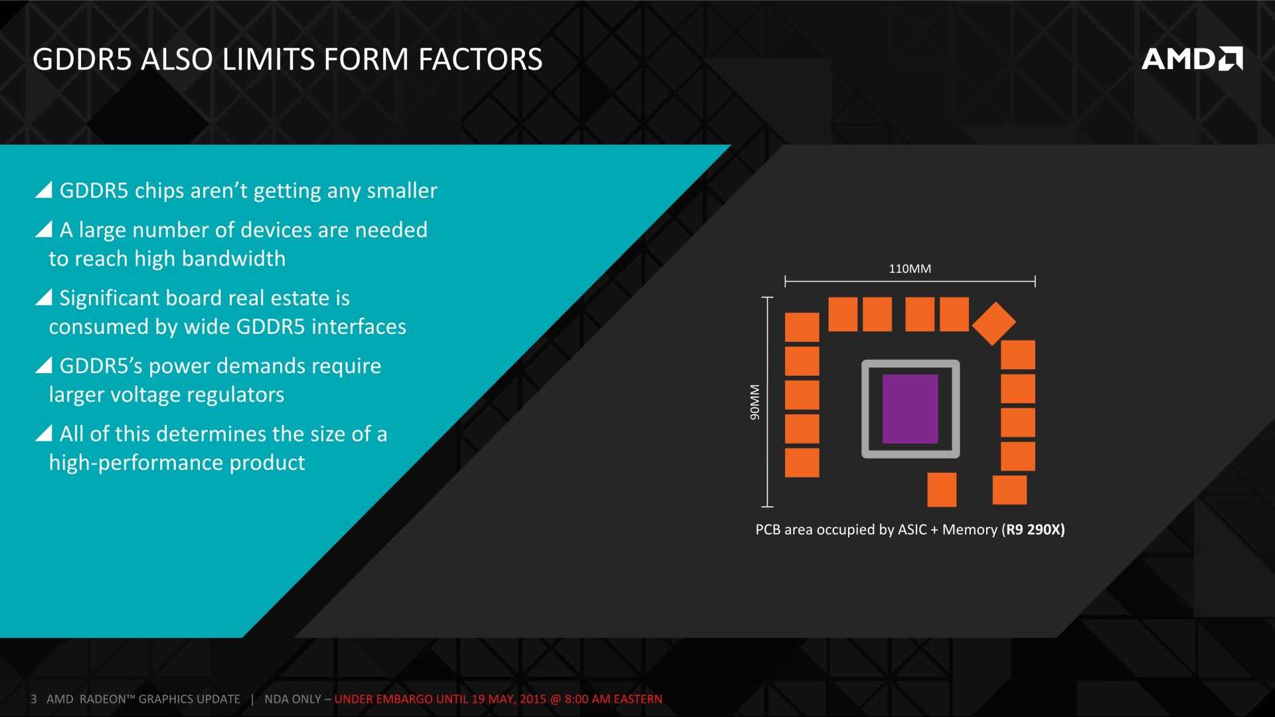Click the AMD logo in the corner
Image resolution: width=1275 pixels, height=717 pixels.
(1192, 58)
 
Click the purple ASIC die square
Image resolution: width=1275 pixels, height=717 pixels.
(910, 409)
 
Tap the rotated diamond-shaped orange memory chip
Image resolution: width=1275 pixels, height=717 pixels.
(993, 323)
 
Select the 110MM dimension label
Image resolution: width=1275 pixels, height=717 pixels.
(910, 269)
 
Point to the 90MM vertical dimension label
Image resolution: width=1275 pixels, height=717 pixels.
(754, 402)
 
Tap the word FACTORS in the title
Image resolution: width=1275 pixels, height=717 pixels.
(480, 59)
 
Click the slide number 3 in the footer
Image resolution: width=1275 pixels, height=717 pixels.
(34, 699)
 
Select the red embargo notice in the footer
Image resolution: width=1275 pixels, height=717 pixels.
(498, 699)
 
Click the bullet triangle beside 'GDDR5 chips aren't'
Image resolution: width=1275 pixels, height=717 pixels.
(44, 191)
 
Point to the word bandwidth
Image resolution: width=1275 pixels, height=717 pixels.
(234, 258)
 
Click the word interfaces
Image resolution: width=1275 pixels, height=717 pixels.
(359, 327)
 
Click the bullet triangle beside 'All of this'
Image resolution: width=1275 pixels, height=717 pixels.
(44, 434)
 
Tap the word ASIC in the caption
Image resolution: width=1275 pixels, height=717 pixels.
(912, 529)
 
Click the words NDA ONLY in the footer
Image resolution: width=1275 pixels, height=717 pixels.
(293, 699)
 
